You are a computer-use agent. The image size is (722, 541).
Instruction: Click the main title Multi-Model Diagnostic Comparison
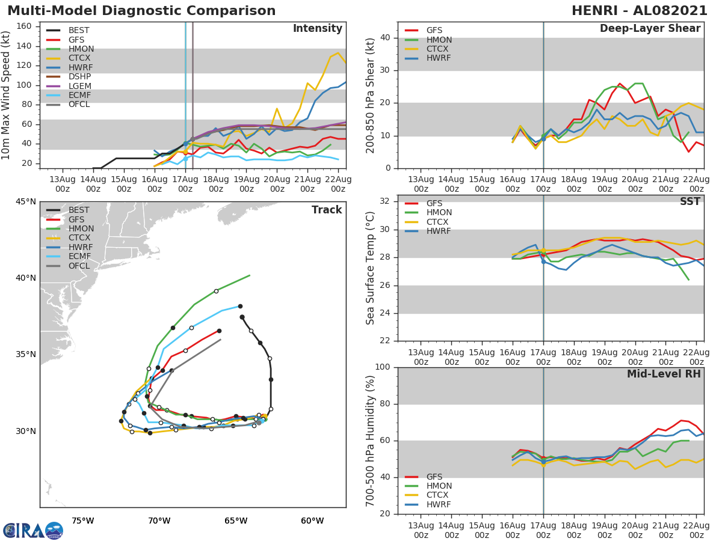pos(141,11)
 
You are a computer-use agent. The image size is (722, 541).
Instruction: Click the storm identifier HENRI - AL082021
pos(640,11)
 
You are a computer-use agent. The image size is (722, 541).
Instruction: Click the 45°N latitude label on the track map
pos(25,201)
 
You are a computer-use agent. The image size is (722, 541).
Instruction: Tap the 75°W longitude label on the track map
pos(82,521)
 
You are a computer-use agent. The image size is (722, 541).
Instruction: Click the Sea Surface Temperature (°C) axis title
pos(371,268)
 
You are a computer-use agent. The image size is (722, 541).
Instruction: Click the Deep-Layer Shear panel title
pos(650,29)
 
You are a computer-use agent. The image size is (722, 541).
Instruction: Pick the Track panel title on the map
pos(326,210)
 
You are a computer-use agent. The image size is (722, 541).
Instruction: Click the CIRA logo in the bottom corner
pos(32,530)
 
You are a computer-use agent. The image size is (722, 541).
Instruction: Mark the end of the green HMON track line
pos(249,275)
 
